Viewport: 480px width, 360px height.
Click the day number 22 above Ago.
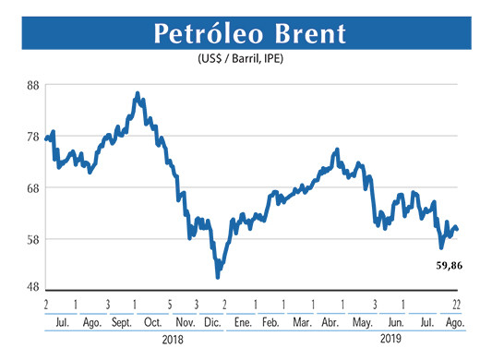pos(456,304)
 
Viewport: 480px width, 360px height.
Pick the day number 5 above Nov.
pos(171,304)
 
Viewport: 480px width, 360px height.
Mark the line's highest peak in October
pos(138,94)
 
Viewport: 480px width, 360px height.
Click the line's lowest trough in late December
pos(218,276)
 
